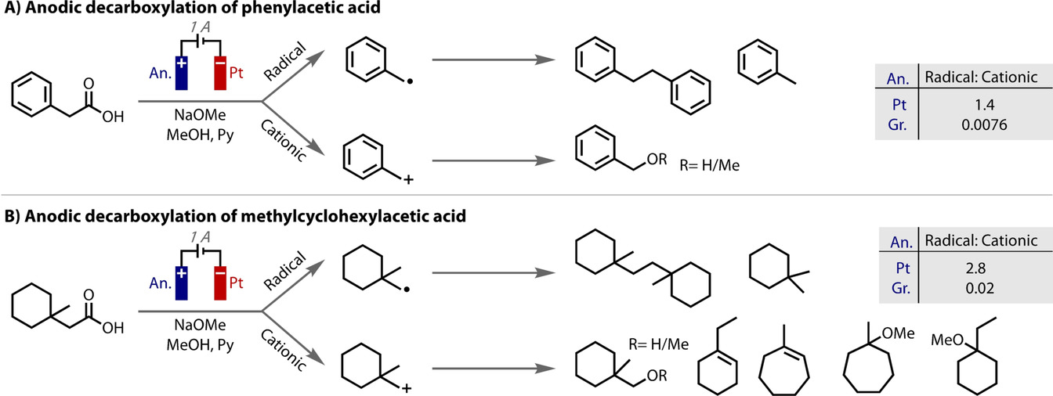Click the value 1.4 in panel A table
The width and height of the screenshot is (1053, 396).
980,103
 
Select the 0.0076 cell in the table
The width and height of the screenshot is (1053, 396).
980,123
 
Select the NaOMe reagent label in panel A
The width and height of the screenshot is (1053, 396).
199,113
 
